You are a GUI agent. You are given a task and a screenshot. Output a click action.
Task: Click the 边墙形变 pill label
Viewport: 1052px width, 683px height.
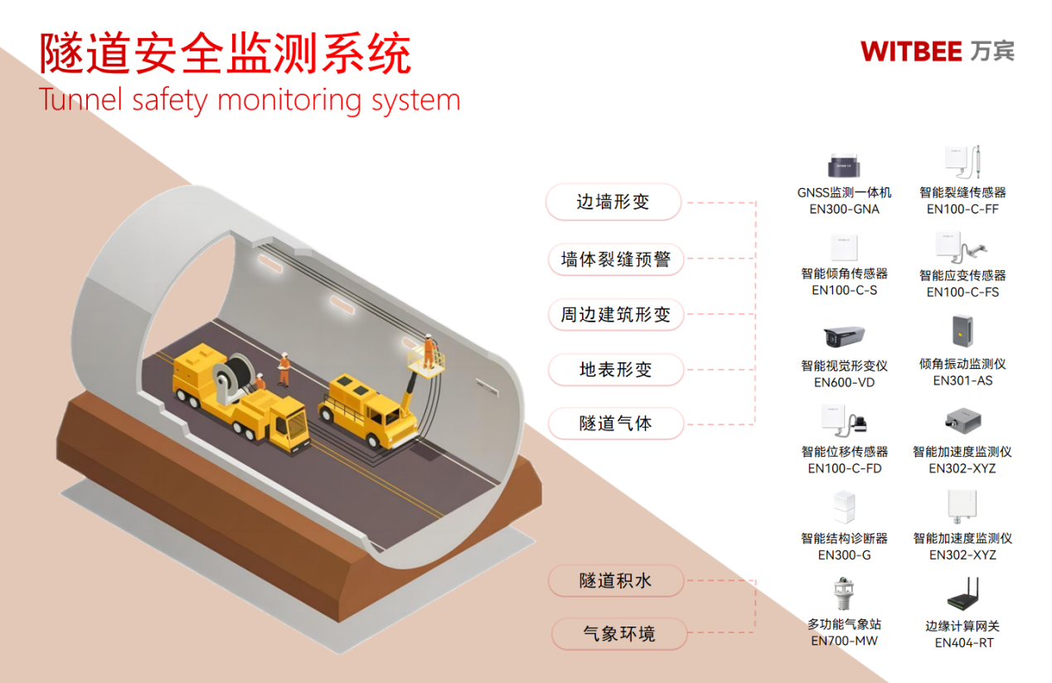coord(613,202)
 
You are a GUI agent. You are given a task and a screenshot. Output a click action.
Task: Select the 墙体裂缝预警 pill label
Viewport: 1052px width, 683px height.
coord(614,259)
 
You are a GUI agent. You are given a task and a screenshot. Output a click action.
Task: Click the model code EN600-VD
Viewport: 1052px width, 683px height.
coord(844,383)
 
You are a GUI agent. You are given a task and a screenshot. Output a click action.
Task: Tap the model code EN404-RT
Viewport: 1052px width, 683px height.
coord(963,642)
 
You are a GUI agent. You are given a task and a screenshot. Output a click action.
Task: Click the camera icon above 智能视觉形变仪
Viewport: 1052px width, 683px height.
coord(844,337)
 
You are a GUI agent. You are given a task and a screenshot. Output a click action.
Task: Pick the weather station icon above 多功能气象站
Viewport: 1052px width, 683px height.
coord(844,593)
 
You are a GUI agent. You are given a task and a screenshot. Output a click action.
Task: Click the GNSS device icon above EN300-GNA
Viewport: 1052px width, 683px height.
coord(844,166)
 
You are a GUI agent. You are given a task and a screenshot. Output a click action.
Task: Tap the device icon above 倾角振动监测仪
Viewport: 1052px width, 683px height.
coord(962,332)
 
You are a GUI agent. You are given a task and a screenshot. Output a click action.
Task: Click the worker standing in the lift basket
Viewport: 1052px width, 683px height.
coord(428,350)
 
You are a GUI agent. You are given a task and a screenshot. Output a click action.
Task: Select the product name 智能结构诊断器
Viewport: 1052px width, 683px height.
coord(844,539)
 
